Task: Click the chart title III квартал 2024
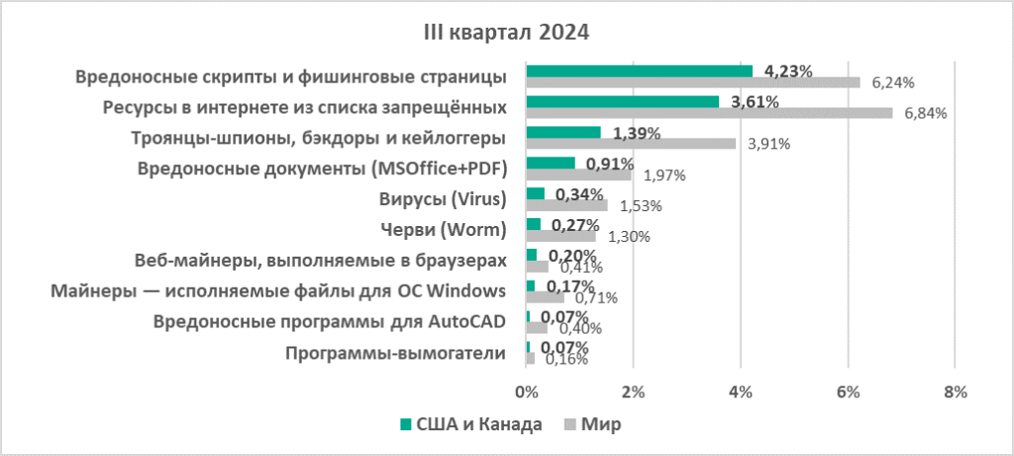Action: click(506, 32)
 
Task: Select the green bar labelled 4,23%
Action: click(640, 70)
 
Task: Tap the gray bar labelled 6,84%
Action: click(709, 113)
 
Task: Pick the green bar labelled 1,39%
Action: click(563, 132)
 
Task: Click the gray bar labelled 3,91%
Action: click(631, 144)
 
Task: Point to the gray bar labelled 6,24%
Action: click(693, 82)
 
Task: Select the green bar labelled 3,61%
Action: click(623, 101)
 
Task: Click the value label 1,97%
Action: click(665, 175)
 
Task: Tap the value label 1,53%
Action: click(641, 206)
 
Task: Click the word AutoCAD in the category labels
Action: click(463, 321)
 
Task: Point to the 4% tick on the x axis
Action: click(740, 392)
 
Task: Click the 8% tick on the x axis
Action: click(955, 392)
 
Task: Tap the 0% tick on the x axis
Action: click(526, 392)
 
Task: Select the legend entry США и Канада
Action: click(470, 424)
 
